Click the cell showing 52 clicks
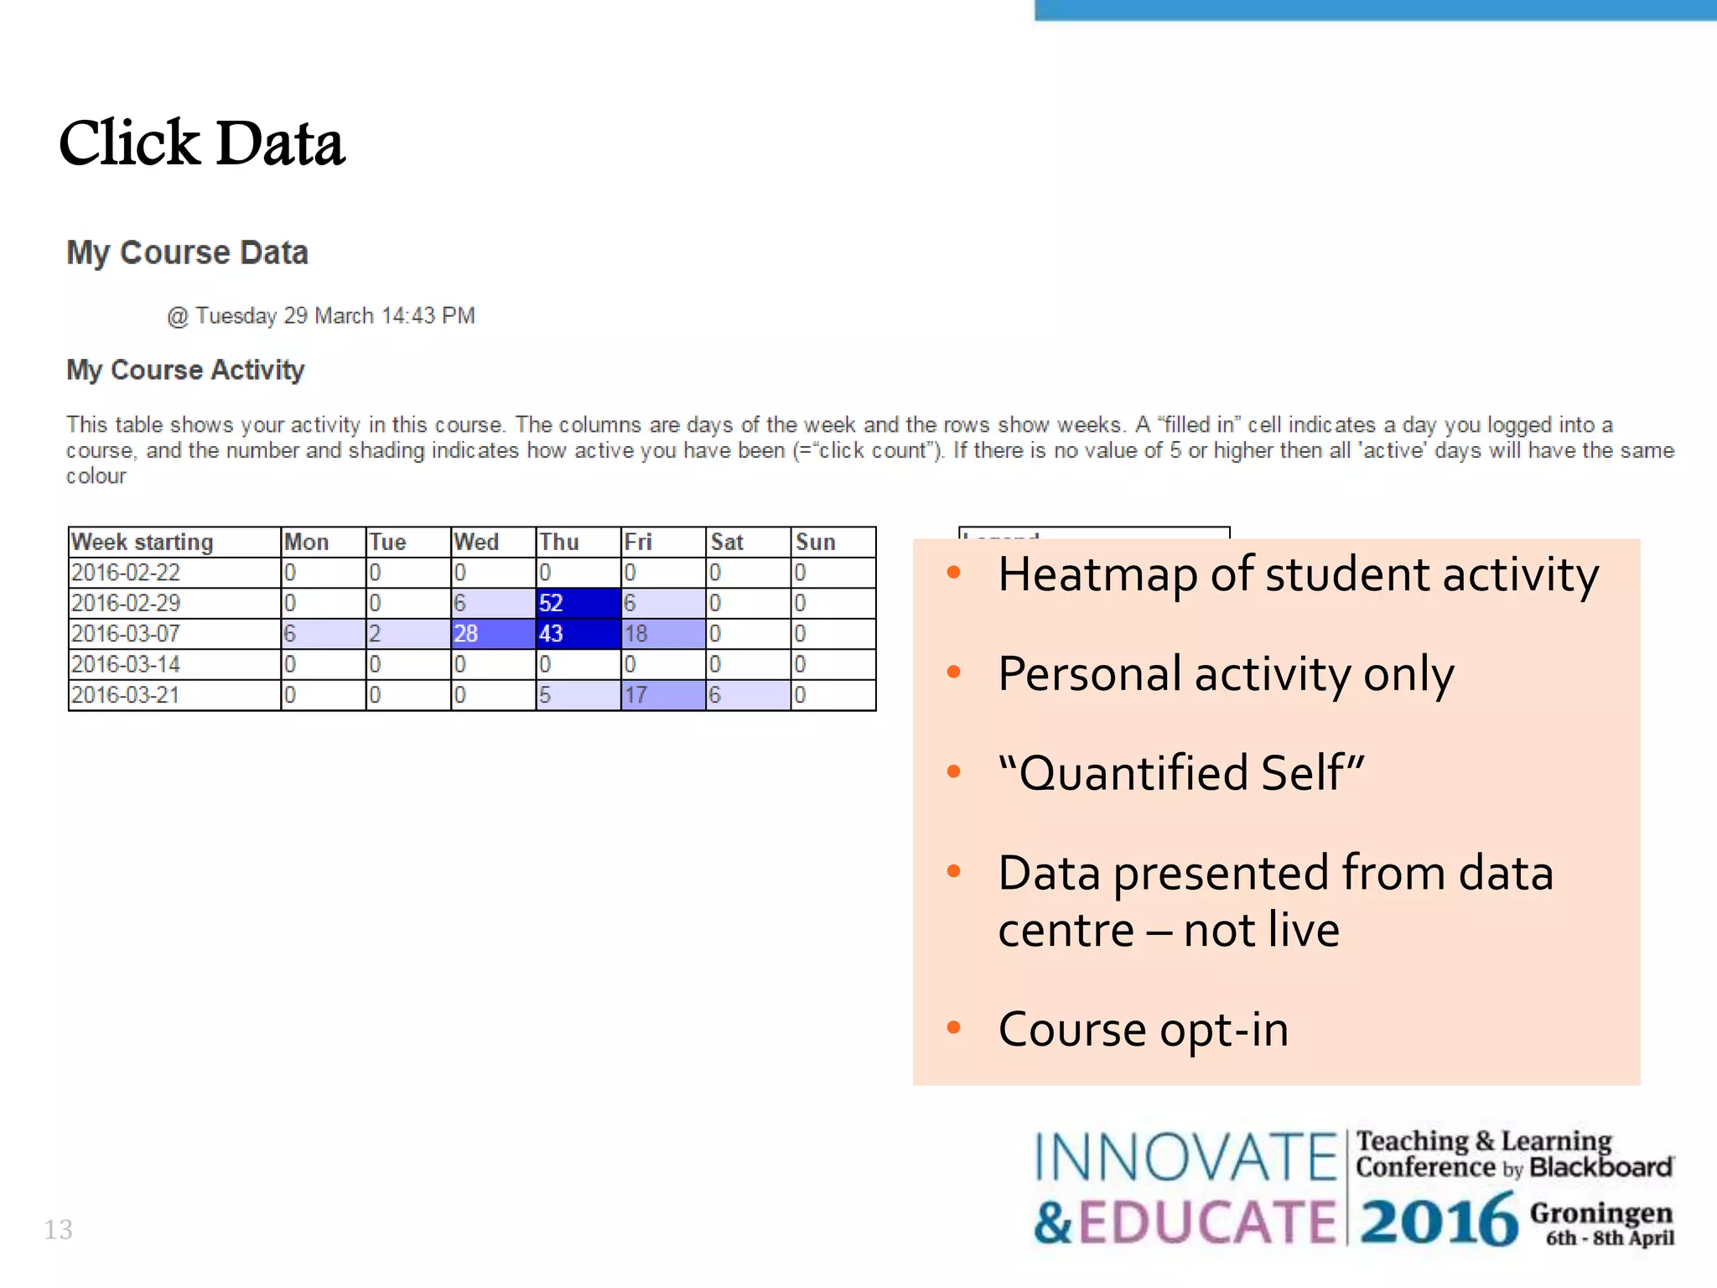578,603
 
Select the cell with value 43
578,634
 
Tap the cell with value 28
493,634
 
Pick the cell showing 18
662,634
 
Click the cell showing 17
662,695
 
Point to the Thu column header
578,542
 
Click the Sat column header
748,542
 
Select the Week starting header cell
174,542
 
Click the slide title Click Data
202,143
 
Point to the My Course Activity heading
185,370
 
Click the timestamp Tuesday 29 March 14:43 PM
321,316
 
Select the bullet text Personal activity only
1226,674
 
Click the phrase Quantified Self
1181,773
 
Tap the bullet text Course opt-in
1144,1030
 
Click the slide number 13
58,1230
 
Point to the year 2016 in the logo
1439,1222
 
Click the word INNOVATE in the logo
1185,1158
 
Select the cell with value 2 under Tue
408,634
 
